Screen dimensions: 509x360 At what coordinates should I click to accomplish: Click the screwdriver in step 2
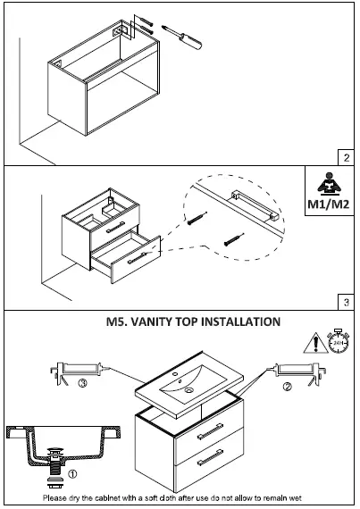pos(185,41)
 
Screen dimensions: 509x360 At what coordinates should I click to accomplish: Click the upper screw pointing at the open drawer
pos(197,217)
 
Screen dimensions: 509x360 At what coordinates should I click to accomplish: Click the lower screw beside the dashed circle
pos(235,239)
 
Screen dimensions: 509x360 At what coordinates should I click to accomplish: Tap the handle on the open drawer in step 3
pos(135,260)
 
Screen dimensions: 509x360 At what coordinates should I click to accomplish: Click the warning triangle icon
pos(314,342)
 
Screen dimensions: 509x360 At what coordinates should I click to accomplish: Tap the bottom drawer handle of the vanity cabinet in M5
pos(208,457)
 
